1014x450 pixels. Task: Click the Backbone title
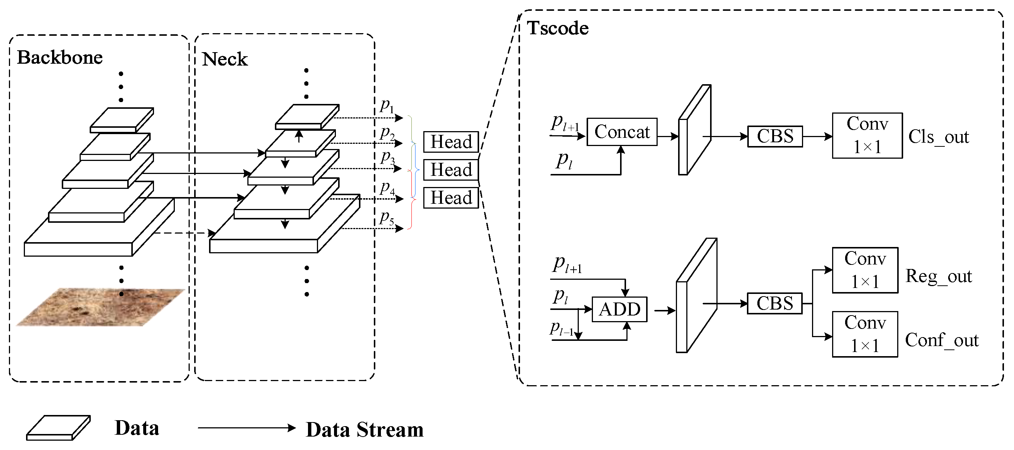[x=60, y=57]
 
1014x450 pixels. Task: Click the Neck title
[x=224, y=59]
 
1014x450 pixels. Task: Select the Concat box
[x=622, y=132]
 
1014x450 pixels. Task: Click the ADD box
[x=619, y=309]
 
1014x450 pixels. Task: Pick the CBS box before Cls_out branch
[x=775, y=136]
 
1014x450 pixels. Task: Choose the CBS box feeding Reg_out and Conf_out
[x=774, y=304]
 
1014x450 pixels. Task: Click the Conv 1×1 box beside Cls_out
[x=867, y=136]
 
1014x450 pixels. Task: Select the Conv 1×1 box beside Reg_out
[x=865, y=270]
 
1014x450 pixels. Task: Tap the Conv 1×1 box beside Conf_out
[x=865, y=334]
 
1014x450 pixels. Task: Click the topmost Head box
[x=451, y=142]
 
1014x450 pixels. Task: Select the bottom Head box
[x=451, y=198]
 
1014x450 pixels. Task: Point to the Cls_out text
[x=938, y=137]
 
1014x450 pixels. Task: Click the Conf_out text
[x=941, y=340]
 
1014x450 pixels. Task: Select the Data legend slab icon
[x=58, y=428]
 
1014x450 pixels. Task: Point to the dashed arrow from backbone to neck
[x=183, y=233]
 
